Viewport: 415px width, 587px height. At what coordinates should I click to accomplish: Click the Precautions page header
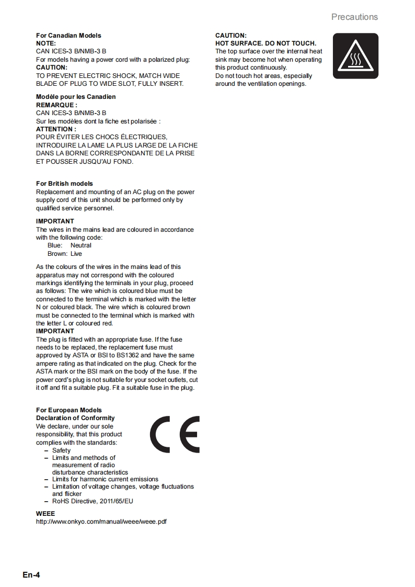click(354, 17)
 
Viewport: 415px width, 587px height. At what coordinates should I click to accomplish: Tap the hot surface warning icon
click(355, 56)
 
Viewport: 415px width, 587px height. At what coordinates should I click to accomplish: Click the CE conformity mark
click(175, 434)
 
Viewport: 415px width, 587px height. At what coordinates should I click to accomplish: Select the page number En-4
click(31, 575)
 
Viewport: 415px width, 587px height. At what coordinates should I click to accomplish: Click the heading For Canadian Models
click(68, 36)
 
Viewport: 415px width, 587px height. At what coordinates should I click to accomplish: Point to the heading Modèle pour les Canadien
click(76, 97)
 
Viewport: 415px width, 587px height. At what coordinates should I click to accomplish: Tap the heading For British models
click(64, 184)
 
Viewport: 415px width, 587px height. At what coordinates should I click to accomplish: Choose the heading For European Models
click(68, 410)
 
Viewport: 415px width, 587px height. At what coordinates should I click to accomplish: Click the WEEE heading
click(45, 514)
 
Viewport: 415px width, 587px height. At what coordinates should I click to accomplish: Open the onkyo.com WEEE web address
click(101, 522)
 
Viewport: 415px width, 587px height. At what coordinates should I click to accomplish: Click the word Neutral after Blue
click(81, 245)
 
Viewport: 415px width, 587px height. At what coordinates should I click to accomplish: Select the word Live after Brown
click(76, 254)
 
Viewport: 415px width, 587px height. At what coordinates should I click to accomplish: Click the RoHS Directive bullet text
click(93, 501)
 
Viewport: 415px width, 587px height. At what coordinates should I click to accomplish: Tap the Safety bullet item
click(61, 450)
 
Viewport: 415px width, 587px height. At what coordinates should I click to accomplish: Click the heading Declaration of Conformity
click(75, 418)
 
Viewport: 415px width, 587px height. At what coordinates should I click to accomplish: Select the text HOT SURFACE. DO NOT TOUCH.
click(266, 43)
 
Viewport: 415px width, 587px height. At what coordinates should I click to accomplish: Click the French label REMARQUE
click(56, 105)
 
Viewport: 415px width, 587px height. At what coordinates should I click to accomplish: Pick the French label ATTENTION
click(55, 129)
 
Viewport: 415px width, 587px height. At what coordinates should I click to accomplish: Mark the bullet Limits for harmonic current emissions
click(105, 479)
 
